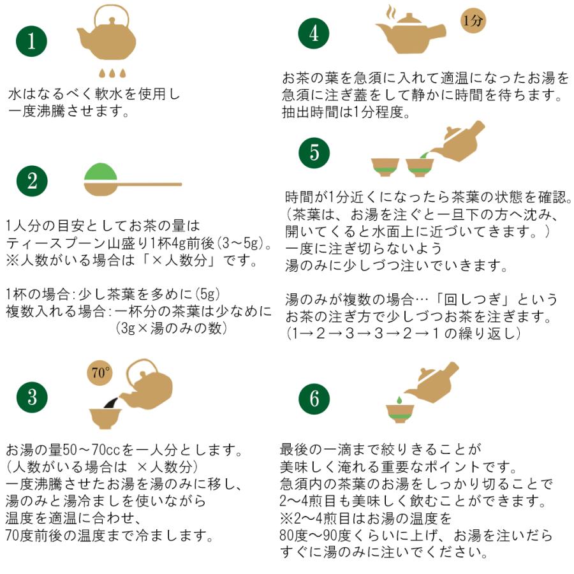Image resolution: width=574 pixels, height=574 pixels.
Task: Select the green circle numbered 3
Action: click(x=31, y=398)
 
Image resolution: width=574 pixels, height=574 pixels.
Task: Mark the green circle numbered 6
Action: click(x=314, y=399)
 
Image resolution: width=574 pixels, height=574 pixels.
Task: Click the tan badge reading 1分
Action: click(x=474, y=21)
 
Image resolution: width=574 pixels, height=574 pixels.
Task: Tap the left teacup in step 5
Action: click(x=385, y=166)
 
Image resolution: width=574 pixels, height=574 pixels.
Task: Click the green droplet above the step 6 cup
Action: click(x=399, y=400)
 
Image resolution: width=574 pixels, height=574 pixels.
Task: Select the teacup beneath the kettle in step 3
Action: click(x=105, y=417)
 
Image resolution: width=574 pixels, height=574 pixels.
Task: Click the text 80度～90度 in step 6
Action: click(x=315, y=534)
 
